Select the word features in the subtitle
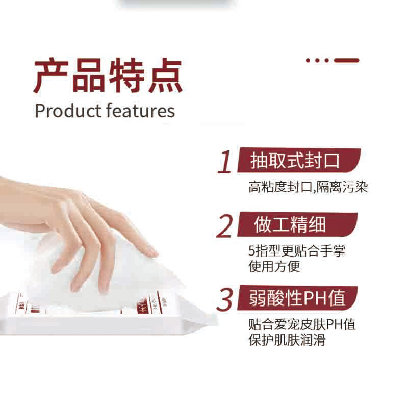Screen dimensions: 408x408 coord(141,111)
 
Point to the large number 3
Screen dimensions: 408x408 coord(225,300)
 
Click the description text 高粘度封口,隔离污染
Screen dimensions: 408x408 coord(308,188)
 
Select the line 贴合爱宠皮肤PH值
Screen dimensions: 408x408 coord(301,325)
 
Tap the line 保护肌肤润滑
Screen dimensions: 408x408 coord(287,339)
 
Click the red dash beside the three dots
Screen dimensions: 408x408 coord(346,60)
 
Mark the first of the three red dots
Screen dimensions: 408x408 coord(309,60)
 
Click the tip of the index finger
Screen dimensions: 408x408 coord(152,251)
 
